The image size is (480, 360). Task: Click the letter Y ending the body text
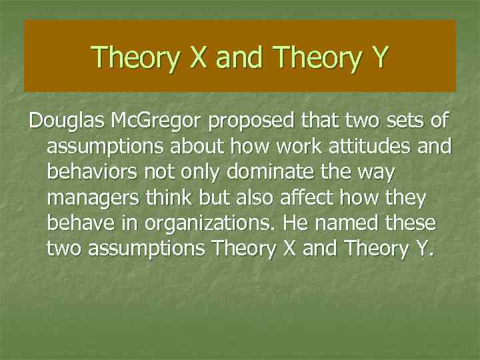click(x=422, y=248)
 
